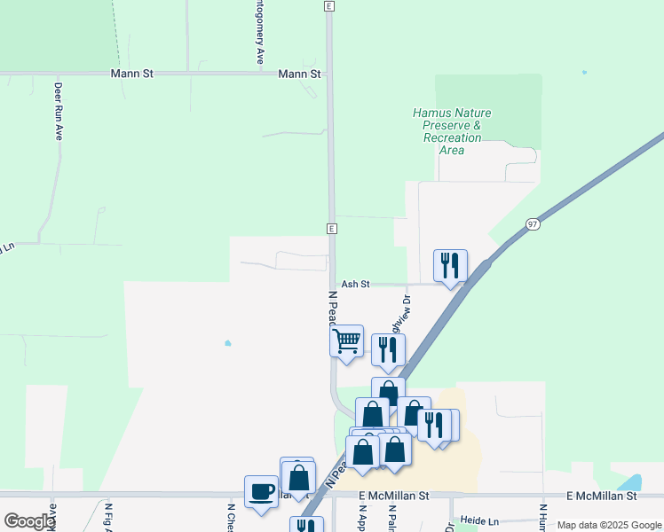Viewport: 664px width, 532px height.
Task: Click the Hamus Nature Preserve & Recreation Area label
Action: pyautogui.click(x=452, y=131)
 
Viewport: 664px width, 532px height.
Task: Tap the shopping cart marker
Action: pyautogui.click(x=346, y=340)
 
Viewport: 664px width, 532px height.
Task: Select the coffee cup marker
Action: pyautogui.click(x=262, y=492)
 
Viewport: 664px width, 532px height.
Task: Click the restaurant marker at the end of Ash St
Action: pyautogui.click(x=450, y=265)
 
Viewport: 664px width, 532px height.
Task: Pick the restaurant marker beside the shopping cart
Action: pyautogui.click(x=388, y=349)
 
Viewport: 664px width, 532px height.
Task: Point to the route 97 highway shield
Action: pyautogui.click(x=532, y=224)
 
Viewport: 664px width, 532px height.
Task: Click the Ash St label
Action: pyautogui.click(x=354, y=284)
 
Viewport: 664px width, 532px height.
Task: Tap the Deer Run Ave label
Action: pyautogui.click(x=59, y=113)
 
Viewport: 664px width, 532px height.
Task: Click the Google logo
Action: pyautogui.click(x=28, y=521)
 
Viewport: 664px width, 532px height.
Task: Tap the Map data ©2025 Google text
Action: pyautogui.click(x=609, y=525)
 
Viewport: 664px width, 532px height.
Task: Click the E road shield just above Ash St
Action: pyautogui.click(x=331, y=229)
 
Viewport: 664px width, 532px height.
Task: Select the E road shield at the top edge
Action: pyautogui.click(x=328, y=5)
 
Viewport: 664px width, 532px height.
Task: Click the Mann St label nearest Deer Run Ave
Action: pyautogui.click(x=131, y=74)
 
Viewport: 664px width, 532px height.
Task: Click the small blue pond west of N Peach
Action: pyautogui.click(x=228, y=343)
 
